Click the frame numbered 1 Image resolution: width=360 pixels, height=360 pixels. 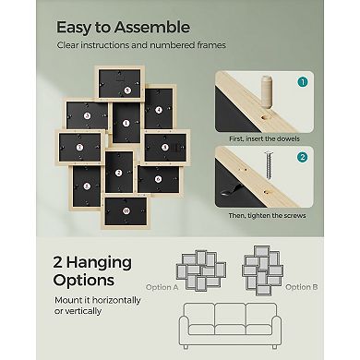(x=78, y=147)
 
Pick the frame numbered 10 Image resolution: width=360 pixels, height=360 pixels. (x=126, y=210)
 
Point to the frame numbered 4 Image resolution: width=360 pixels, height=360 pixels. (x=158, y=110)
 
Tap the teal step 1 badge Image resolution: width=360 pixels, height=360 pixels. (x=301, y=82)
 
